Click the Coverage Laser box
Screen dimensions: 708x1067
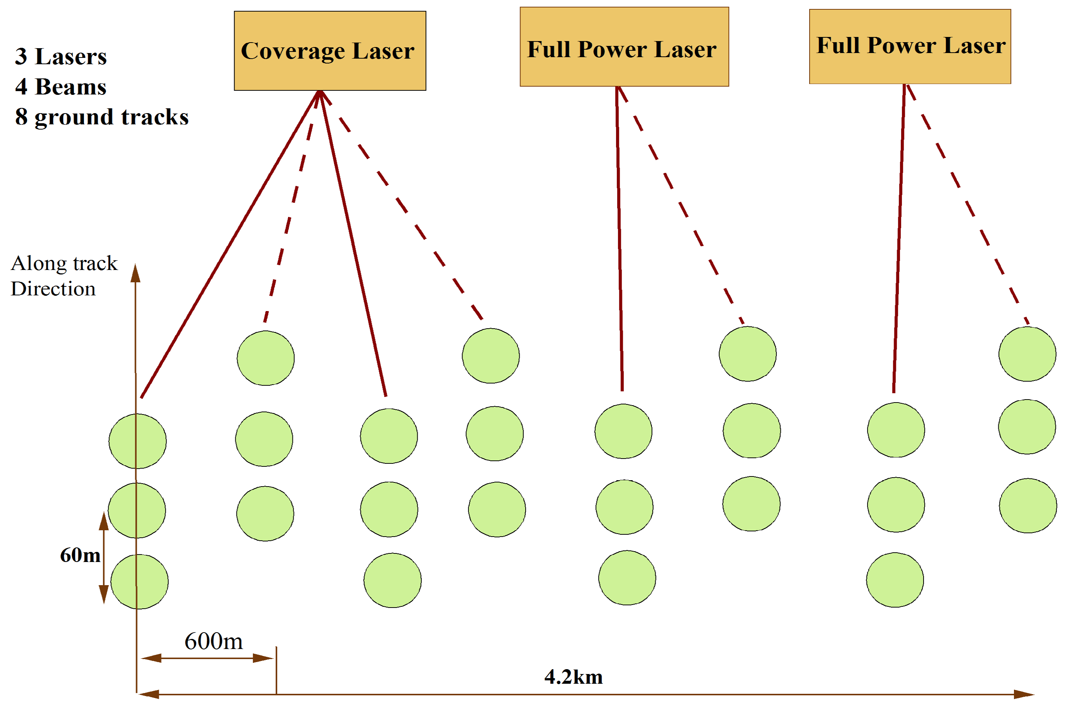[x=330, y=50]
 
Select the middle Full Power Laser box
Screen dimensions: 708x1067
[x=624, y=47]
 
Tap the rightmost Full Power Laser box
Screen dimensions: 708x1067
[x=909, y=47]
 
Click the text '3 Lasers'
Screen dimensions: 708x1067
[x=61, y=57]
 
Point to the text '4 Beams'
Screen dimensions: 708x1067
[x=61, y=87]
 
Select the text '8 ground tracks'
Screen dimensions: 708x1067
[x=102, y=117]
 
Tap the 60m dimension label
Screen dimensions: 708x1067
[x=80, y=555]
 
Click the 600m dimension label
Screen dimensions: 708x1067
[x=213, y=641]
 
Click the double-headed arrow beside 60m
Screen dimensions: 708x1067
[x=104, y=558]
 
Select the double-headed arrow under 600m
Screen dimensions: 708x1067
[x=207, y=658]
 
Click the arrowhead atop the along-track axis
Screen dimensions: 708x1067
[x=136, y=273]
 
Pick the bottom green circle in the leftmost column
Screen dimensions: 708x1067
[x=140, y=581]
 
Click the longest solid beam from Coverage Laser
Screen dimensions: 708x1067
[x=231, y=244]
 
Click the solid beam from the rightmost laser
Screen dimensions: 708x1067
[x=899, y=239]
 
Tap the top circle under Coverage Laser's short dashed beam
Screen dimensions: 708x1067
[x=266, y=358]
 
